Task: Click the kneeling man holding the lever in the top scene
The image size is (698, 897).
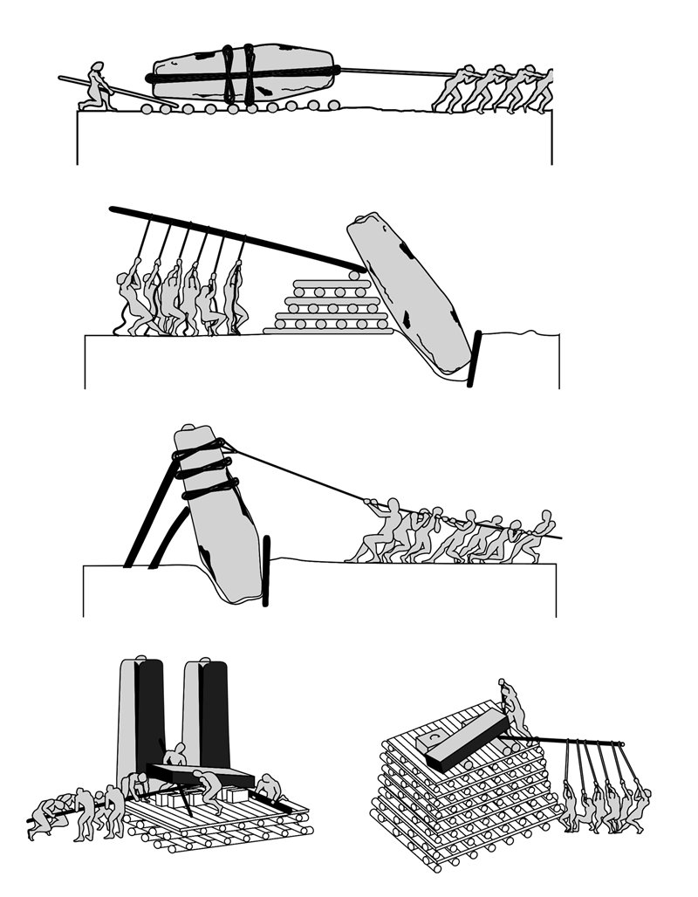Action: tap(96, 86)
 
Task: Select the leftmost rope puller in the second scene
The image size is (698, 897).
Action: tap(131, 301)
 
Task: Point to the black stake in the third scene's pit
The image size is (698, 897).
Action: tap(266, 572)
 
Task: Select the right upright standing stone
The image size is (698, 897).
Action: tap(205, 716)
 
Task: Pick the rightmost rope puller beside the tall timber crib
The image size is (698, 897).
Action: tap(637, 803)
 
